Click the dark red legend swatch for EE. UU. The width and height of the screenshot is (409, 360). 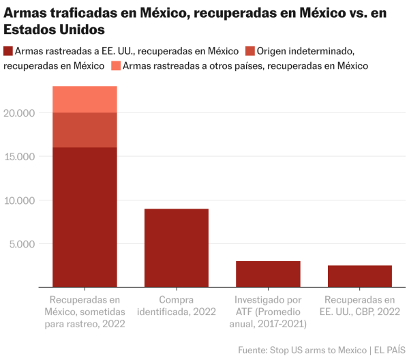(x=7, y=51)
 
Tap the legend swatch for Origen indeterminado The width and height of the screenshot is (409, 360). (x=249, y=51)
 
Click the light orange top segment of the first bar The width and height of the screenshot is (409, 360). (x=85, y=100)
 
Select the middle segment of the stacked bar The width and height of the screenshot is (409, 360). (x=85, y=130)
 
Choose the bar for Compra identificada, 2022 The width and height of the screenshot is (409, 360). (x=177, y=248)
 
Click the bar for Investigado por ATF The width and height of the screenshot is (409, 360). (x=268, y=274)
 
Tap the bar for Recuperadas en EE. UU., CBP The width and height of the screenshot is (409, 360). (x=360, y=276)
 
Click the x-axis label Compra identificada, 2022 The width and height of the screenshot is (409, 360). (x=177, y=305)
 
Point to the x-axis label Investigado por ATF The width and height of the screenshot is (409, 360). (x=268, y=312)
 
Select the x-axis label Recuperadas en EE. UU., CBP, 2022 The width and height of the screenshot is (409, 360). (x=360, y=305)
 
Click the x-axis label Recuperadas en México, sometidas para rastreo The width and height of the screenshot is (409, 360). (x=85, y=312)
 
